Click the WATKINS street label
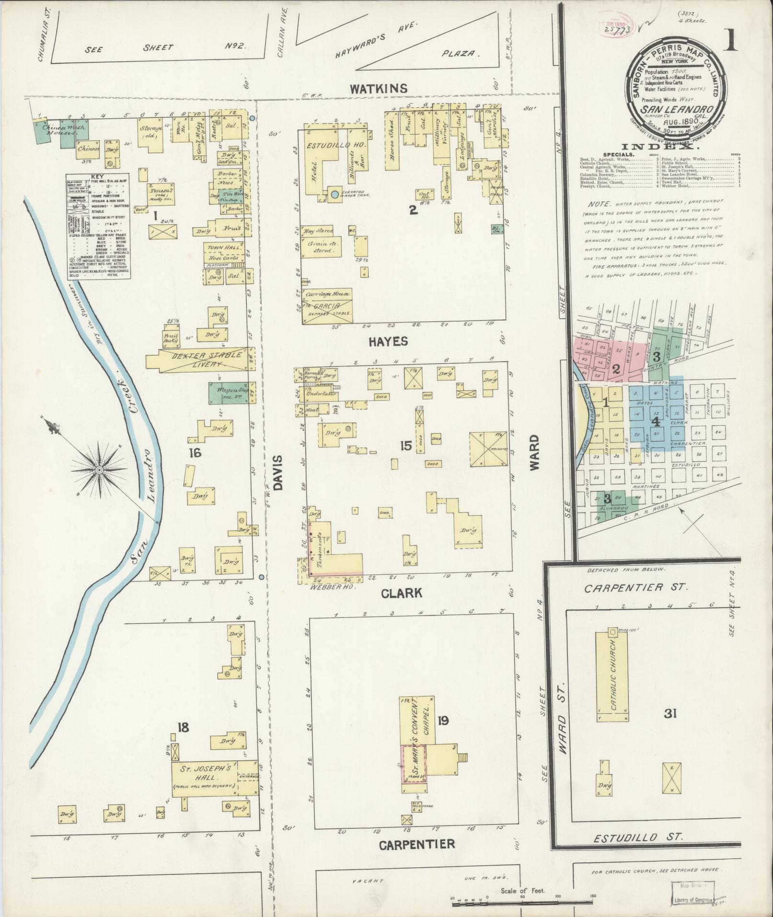tap(378, 89)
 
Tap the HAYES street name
tap(388, 341)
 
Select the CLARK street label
tap(402, 593)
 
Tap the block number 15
tap(406, 446)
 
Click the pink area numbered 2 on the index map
tap(616, 369)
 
